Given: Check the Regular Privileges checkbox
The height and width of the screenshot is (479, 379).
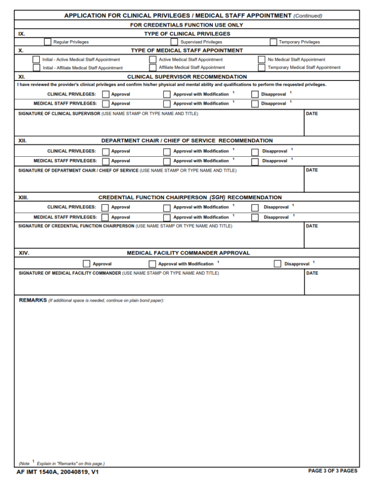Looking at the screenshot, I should click(x=48, y=42).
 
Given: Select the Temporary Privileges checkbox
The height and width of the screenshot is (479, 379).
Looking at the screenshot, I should click(x=273, y=42).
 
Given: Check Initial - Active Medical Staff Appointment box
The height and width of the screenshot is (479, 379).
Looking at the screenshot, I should click(x=36, y=59).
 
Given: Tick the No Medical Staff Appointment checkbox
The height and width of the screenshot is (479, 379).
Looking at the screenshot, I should click(x=262, y=59).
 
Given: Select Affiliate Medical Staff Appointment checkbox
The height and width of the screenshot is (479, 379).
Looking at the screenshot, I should click(x=153, y=67).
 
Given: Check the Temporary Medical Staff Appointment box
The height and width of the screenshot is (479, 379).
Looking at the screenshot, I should click(x=262, y=67).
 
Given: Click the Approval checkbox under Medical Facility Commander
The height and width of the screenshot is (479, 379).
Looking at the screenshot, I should click(x=87, y=264).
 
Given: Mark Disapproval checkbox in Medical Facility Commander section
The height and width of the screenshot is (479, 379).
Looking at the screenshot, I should click(x=277, y=264).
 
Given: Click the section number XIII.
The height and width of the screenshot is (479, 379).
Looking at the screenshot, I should click(x=23, y=197).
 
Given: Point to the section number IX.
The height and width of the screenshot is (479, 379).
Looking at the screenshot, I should click(x=22, y=34).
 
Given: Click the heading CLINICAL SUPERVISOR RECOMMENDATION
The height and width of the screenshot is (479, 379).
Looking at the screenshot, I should click(x=187, y=77).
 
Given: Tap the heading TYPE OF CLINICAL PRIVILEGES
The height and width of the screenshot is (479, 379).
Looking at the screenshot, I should click(x=187, y=34).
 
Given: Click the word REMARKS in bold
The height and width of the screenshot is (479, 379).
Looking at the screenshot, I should click(x=33, y=300).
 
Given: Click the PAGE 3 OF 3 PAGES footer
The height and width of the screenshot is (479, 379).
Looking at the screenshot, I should click(x=333, y=471).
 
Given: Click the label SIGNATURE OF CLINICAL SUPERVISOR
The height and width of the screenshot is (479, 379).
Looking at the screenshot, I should click(x=59, y=114).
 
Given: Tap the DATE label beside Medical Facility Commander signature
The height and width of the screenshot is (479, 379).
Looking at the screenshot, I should click(x=312, y=273).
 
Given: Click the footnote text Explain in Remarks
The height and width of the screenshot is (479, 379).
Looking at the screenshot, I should click(x=71, y=464).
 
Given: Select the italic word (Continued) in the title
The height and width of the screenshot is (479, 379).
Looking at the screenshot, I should click(x=308, y=16).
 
